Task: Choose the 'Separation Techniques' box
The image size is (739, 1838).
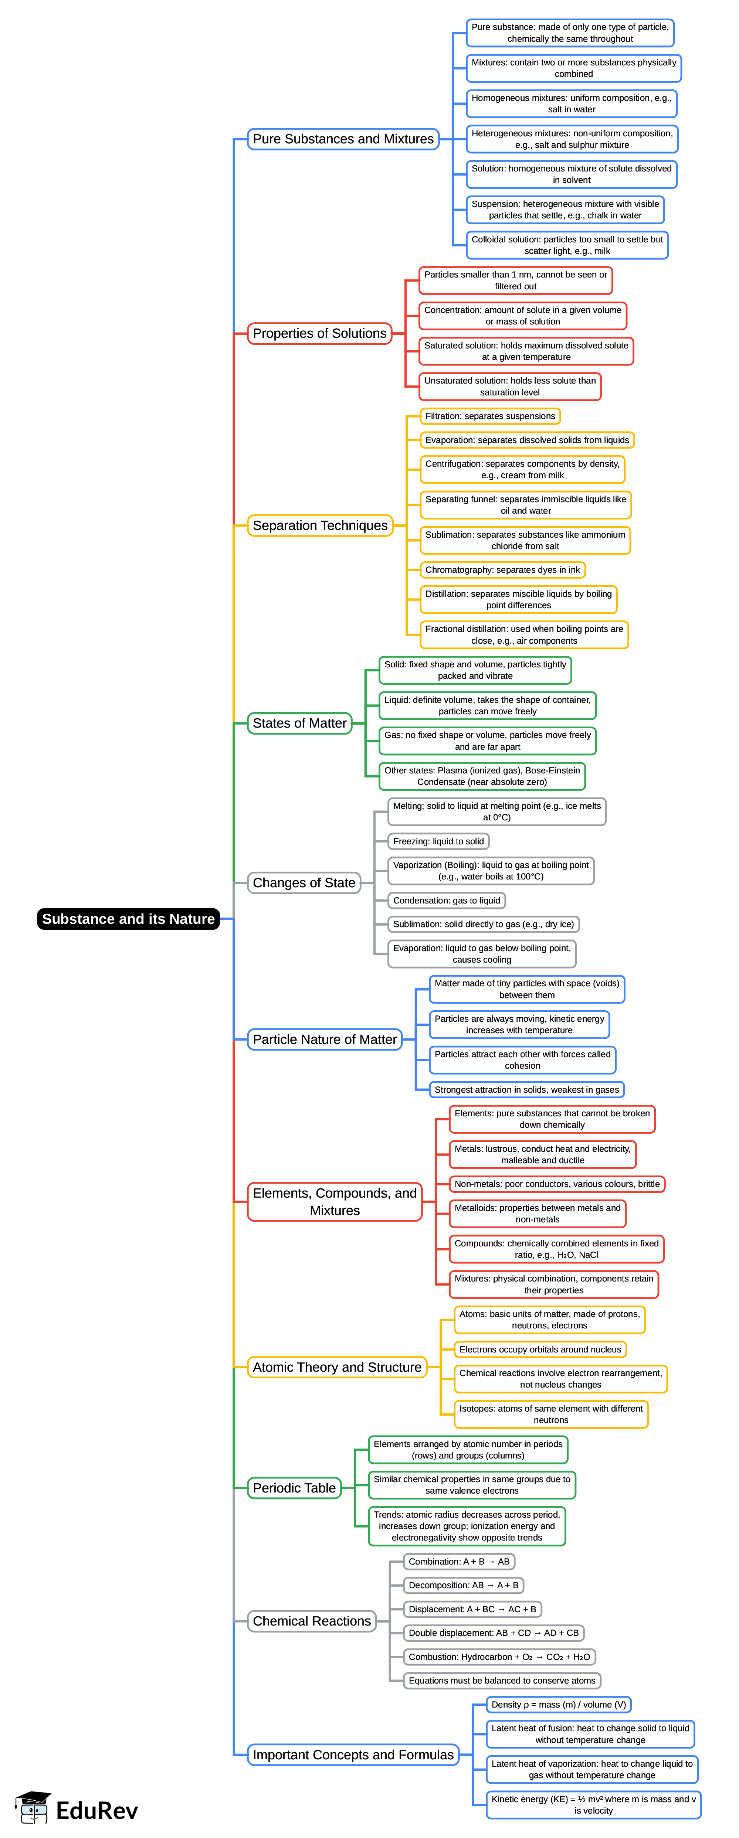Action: [x=320, y=525]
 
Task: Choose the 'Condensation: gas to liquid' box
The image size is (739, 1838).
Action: [x=446, y=901]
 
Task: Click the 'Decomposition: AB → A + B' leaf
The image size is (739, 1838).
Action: [x=463, y=1585]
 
